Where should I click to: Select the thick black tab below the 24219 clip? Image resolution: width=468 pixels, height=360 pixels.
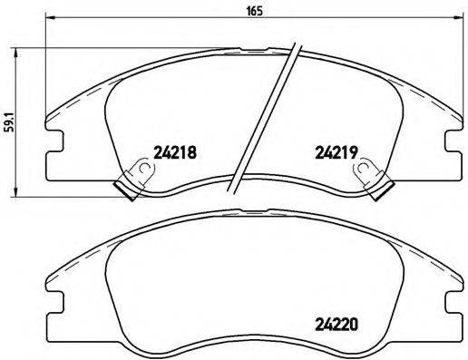click(384, 187)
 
